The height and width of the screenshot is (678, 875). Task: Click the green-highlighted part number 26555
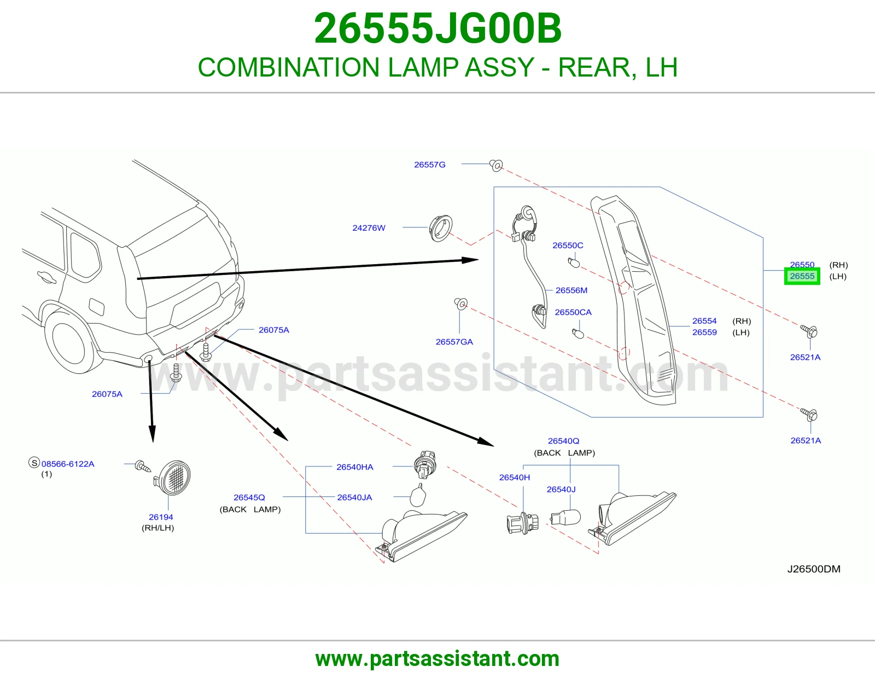[802, 276]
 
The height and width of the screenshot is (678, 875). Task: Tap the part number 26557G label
[430, 165]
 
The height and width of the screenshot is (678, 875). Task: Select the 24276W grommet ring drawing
[441, 229]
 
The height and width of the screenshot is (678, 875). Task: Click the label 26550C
[568, 245]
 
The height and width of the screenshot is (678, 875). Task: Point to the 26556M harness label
[571, 290]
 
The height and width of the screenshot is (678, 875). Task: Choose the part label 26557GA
[454, 342]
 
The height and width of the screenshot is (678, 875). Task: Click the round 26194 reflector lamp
[173, 477]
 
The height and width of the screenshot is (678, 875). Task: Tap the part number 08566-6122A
[68, 464]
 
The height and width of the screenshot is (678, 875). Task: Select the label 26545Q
[249, 498]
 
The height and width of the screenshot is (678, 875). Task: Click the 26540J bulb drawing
[565, 517]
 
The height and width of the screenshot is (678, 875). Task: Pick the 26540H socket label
[515, 477]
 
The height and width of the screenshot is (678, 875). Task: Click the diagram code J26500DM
[814, 569]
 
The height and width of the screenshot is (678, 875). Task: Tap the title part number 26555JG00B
[437, 28]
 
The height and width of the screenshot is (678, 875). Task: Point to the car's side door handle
[46, 277]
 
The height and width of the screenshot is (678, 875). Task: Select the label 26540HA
[355, 467]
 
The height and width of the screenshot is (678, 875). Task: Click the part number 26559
[704, 332]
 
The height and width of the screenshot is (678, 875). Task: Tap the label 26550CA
[573, 312]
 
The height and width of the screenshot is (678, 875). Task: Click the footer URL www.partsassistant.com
[437, 659]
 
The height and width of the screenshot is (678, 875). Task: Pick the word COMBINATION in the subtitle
[289, 67]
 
